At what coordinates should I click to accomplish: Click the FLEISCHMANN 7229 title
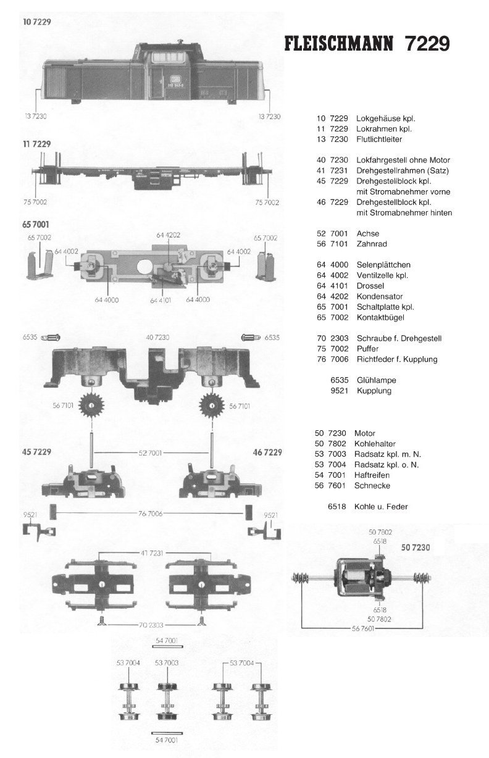coord(367,44)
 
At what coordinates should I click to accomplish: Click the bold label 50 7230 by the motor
coord(415,547)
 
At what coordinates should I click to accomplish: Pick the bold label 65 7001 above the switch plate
coord(36,225)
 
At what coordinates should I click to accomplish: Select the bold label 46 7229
coord(267,452)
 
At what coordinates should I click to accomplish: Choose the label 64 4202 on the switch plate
coord(169,235)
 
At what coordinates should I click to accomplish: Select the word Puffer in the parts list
coord(368,349)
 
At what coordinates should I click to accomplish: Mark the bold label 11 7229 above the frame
coord(36,144)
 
